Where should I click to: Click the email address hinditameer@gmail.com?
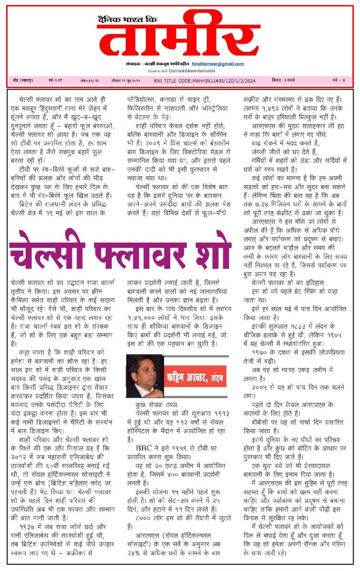coord(218,64)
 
